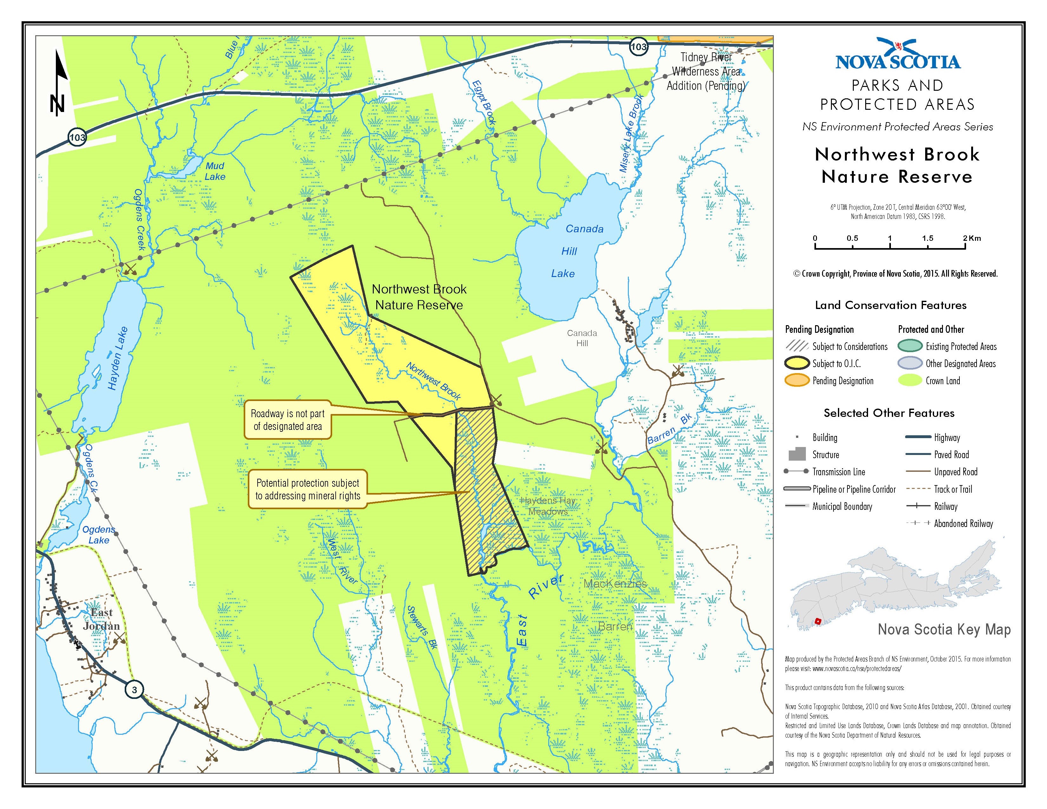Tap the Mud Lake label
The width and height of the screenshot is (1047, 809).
click(215, 171)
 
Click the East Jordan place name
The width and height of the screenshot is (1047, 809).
click(101, 619)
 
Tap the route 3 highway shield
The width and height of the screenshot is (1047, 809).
click(134, 690)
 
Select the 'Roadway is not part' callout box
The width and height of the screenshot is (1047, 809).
click(288, 420)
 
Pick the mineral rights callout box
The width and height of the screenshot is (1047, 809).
click(307, 489)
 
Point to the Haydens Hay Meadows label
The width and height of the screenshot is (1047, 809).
click(548, 506)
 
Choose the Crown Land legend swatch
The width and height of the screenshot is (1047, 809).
click(909, 380)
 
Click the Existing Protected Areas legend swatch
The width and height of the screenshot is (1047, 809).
click(909, 346)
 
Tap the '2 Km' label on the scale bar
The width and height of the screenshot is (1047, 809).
click(971, 238)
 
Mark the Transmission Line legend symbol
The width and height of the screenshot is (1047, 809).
click(796, 471)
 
